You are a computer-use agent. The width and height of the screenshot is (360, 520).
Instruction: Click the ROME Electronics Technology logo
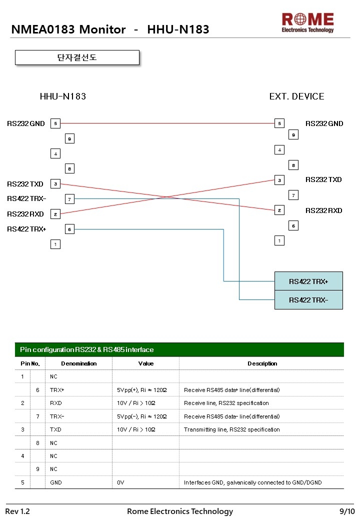(x=307, y=22)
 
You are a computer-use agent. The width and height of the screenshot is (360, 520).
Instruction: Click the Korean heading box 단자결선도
(x=77, y=57)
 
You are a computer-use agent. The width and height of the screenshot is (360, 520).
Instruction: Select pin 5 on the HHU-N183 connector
(x=55, y=123)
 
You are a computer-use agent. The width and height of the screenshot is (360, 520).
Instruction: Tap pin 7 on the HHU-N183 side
(x=69, y=199)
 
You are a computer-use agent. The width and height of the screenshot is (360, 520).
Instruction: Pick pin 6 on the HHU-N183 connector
(x=69, y=229)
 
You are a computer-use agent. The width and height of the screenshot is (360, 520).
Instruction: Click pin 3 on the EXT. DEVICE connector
(x=279, y=180)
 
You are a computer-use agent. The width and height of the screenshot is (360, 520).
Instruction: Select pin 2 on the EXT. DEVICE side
(x=279, y=210)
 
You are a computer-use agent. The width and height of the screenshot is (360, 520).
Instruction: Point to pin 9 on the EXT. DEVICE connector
(x=293, y=134)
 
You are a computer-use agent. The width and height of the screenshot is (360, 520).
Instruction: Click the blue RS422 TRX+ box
(x=308, y=281)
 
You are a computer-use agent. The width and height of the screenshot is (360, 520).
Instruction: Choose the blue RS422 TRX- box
(x=308, y=300)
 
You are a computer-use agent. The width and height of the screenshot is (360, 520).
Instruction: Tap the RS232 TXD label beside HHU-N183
(x=25, y=184)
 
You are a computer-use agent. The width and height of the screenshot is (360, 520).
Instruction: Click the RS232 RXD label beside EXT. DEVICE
(x=324, y=210)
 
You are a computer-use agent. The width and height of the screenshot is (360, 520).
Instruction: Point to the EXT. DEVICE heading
(x=296, y=96)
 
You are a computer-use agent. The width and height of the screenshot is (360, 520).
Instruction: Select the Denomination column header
(x=79, y=363)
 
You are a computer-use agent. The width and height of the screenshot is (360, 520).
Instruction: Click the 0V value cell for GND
(x=120, y=482)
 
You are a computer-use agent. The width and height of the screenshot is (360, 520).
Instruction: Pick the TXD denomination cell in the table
(x=55, y=429)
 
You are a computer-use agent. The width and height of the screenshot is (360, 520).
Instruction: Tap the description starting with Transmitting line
(x=231, y=429)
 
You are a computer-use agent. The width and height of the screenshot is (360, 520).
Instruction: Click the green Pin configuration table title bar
(x=179, y=349)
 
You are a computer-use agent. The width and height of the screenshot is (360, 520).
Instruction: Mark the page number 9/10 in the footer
(x=347, y=511)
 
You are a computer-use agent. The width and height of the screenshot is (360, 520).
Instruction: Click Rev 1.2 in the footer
(x=17, y=511)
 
